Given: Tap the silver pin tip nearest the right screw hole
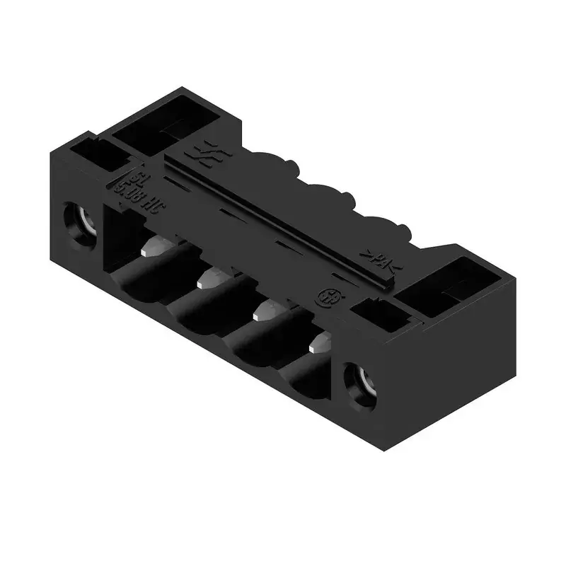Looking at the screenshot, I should [320, 344].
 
